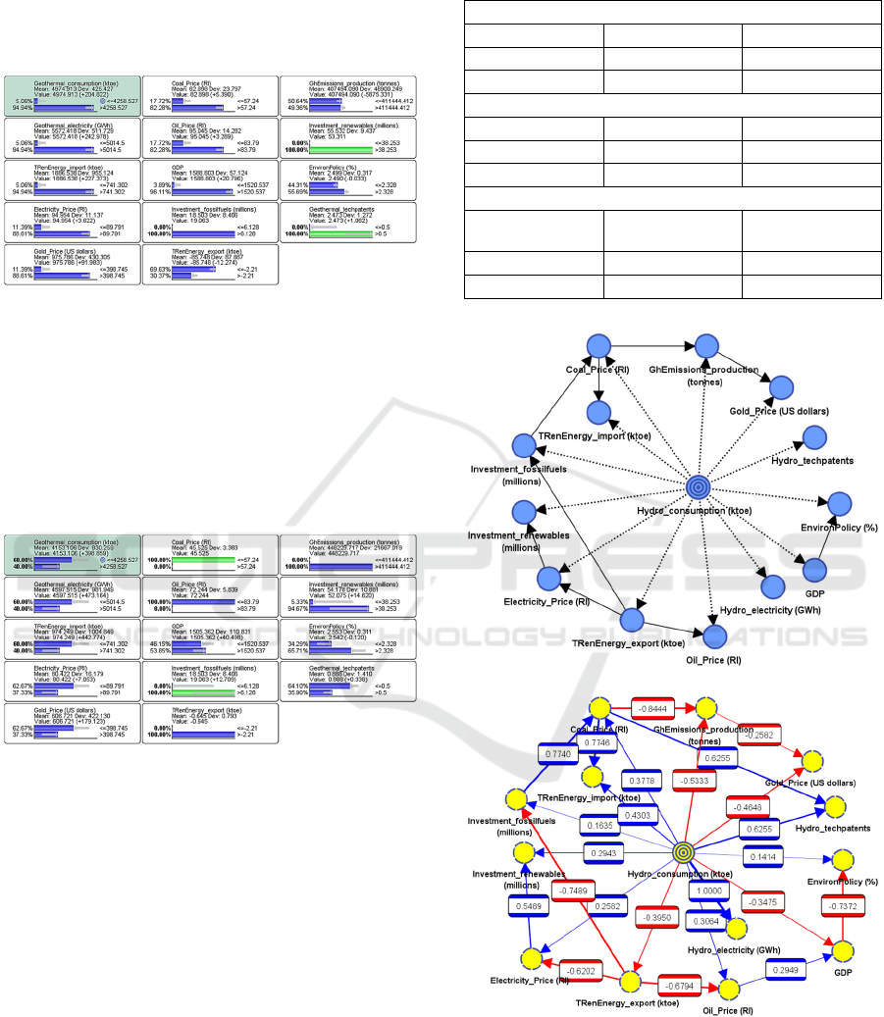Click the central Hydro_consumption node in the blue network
[x=698, y=485]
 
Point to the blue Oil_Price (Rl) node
[x=715, y=635]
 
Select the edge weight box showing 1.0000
[x=710, y=890]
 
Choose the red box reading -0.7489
[x=576, y=890]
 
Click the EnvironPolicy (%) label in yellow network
[x=839, y=881]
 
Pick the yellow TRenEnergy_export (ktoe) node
[x=630, y=982]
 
